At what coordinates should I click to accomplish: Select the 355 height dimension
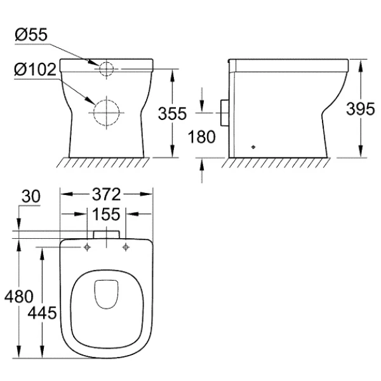[172, 114]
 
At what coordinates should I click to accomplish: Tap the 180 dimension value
[202, 135]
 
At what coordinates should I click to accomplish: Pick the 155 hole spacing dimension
[107, 214]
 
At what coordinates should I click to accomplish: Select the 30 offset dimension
[29, 197]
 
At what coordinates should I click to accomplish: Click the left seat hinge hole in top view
[86, 246]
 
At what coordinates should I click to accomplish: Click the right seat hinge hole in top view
[126, 246]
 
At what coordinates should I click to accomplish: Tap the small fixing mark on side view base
[255, 145]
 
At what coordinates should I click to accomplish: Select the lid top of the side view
[289, 63]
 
